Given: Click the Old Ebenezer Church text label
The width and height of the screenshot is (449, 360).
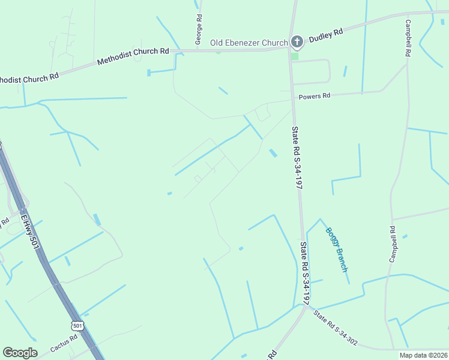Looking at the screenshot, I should pos(249,43).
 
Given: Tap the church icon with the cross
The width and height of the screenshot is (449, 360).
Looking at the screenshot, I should pos(297,42).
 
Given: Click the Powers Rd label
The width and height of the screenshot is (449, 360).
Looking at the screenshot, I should pos(315,96).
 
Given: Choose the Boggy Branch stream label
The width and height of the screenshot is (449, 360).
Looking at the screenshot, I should pos(337,249).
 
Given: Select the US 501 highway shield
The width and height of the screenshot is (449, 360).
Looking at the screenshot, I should pos(76,325).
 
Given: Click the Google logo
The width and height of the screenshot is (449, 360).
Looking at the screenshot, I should pos(20,353).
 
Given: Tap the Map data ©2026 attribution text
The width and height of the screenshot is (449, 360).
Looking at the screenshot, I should pos(423,355).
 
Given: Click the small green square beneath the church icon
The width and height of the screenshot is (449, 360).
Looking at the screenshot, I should pos(294,56).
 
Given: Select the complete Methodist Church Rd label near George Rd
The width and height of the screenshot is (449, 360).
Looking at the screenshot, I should pos(133,56).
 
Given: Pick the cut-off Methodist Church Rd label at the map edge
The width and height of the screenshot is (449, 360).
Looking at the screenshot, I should pos(29,77).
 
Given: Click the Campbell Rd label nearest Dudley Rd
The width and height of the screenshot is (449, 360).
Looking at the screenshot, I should pos(408,38).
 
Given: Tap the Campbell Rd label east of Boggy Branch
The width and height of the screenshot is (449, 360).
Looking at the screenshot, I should pos(393,244).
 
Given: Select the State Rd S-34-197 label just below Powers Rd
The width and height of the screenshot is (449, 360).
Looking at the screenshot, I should pos(297,158).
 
